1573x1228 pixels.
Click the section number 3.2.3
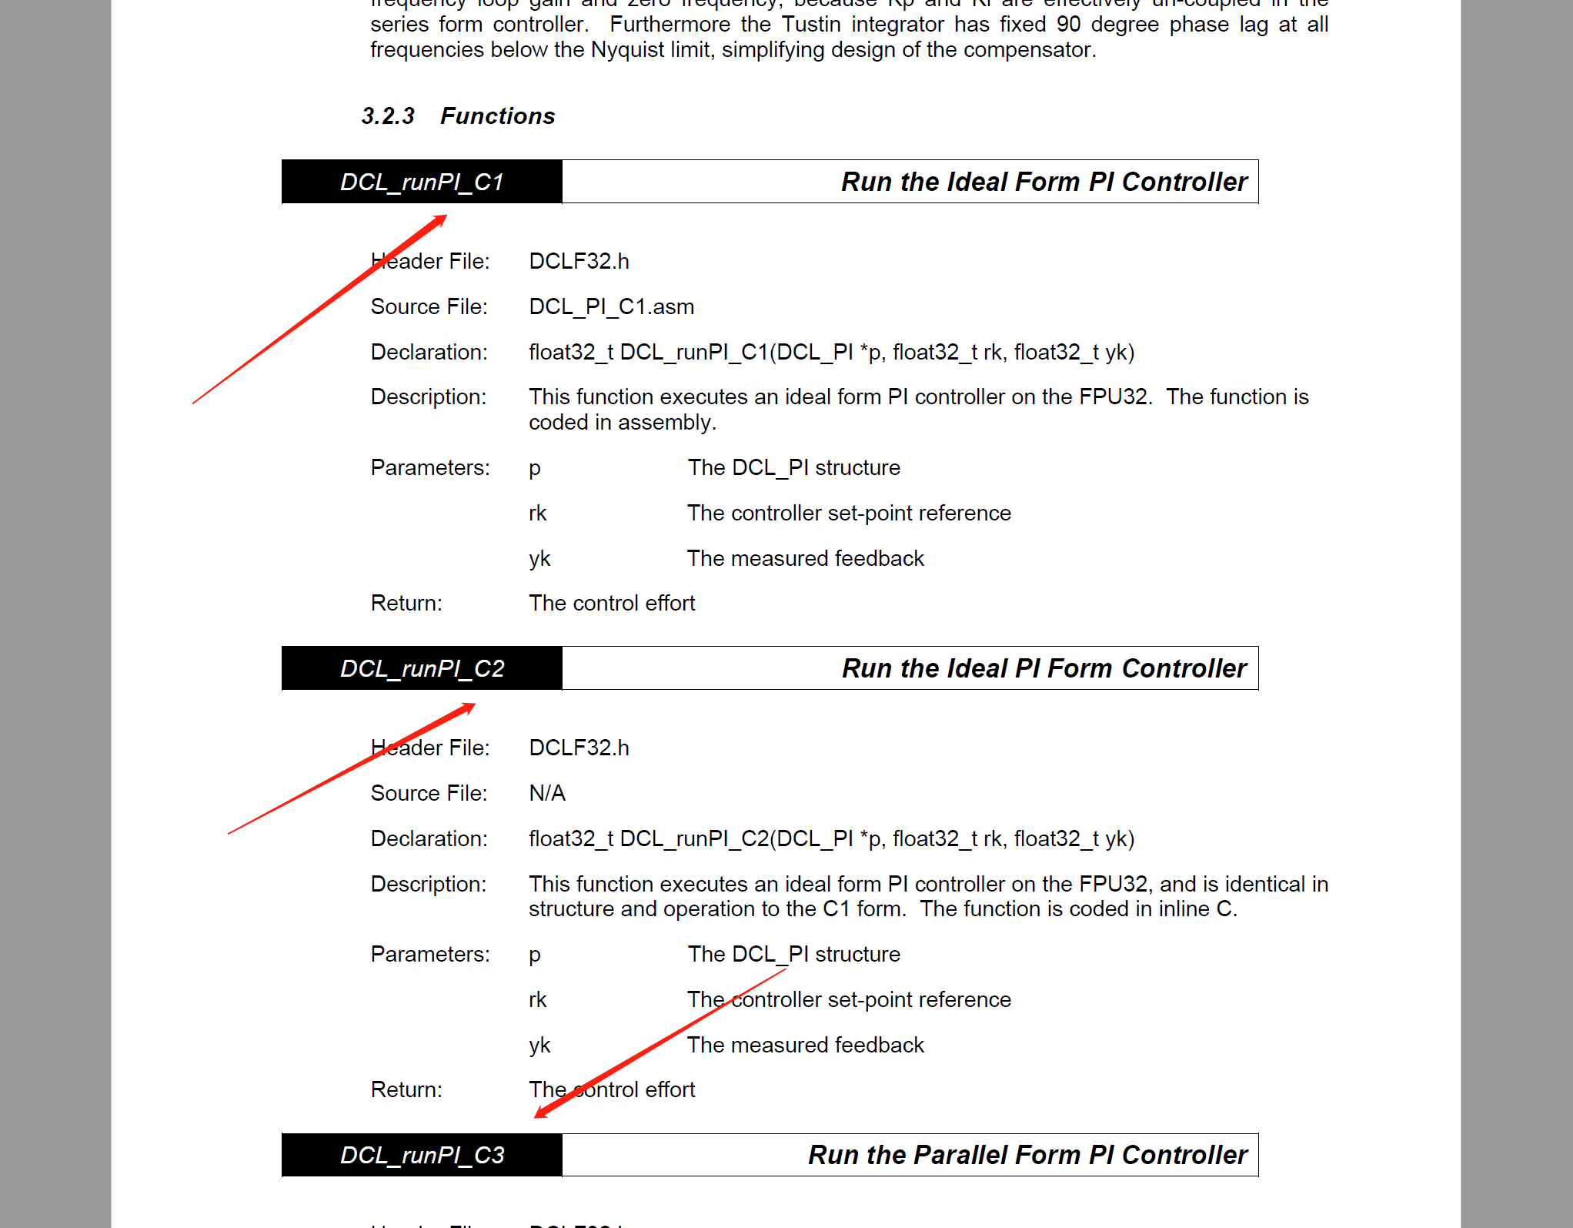388,116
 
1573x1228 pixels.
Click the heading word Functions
497,116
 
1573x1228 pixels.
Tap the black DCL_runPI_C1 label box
422,182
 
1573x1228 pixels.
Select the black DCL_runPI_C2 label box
422,668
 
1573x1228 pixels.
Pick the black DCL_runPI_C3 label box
422,1155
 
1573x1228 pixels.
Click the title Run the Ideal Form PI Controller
1044,182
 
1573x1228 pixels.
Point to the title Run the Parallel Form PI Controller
1027,1155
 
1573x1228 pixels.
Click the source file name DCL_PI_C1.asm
611,306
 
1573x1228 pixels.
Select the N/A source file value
547,793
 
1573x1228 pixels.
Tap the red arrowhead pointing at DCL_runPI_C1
439,221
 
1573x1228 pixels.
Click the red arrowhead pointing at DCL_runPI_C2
466,708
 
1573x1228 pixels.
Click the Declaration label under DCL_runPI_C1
429,352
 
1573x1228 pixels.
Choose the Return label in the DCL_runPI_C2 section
406,1089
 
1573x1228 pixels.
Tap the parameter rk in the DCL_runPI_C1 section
537,513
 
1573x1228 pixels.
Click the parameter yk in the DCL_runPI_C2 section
539,1045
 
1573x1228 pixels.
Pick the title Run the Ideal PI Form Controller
1044,668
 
